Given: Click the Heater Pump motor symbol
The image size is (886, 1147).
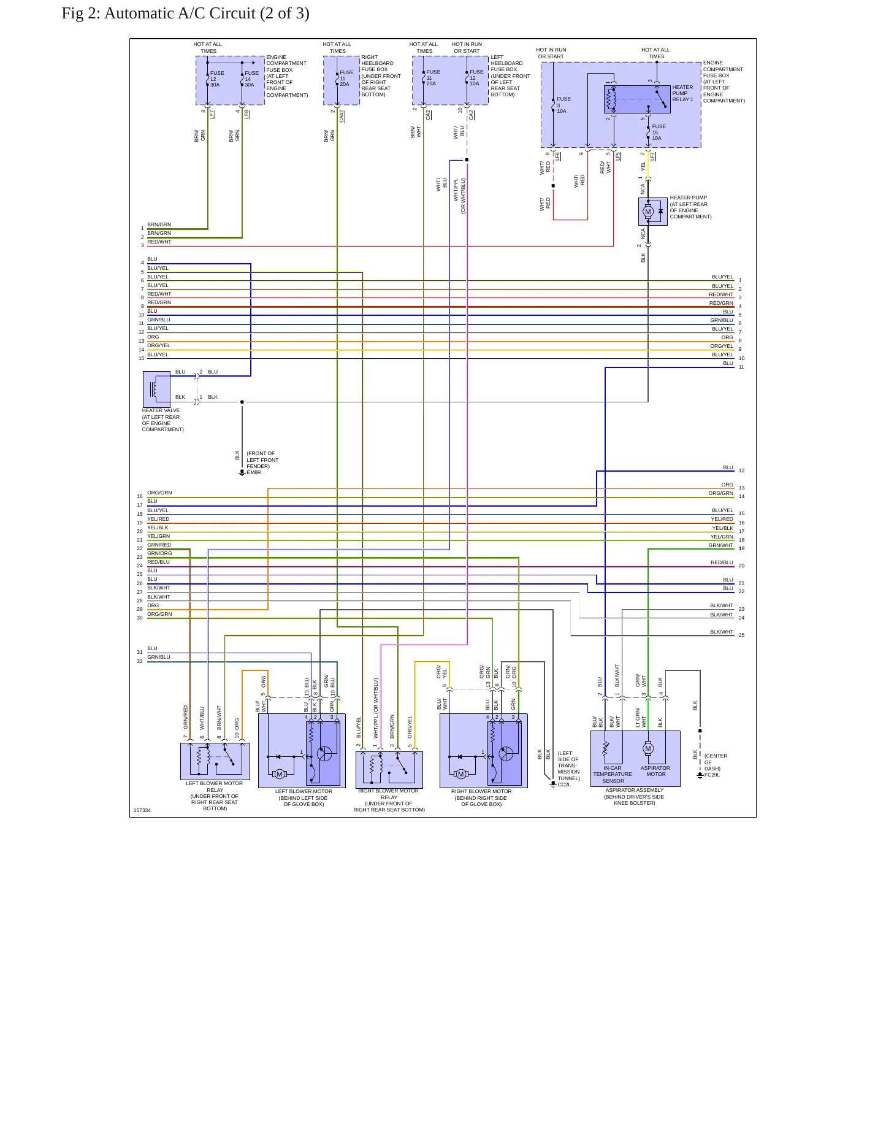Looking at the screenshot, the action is coord(647,212).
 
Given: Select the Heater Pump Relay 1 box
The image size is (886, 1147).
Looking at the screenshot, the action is coord(637,99).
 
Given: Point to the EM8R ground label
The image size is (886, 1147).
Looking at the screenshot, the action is coord(254,472).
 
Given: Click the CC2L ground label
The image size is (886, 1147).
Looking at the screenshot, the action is coord(564,784).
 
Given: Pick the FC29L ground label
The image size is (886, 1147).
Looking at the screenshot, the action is coord(712,775).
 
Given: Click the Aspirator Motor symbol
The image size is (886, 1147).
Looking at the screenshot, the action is coord(648,748).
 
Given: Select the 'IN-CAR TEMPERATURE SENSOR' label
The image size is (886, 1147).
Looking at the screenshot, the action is coord(613,774).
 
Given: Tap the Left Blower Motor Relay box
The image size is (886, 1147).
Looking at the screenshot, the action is coord(215,761).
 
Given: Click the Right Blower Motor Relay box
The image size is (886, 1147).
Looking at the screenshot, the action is coord(389,770).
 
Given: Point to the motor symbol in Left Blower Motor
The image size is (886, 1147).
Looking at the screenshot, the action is coord(279,774).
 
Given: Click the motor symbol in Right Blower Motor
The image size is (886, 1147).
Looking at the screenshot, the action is coord(460,774).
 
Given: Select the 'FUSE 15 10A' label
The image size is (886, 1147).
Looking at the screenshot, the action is coord(659,132).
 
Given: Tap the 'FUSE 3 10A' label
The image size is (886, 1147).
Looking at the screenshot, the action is coord(563,105).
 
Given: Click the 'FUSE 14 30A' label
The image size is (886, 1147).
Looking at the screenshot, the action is coord(251,79).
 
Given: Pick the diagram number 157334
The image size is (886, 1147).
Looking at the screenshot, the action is coord(142,810).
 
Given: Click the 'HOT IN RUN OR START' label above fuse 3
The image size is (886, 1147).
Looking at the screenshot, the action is coord(551,53).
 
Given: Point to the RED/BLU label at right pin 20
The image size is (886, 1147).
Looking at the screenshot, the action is coord(722,562).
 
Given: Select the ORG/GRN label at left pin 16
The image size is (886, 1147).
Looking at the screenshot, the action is coord(159,493).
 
